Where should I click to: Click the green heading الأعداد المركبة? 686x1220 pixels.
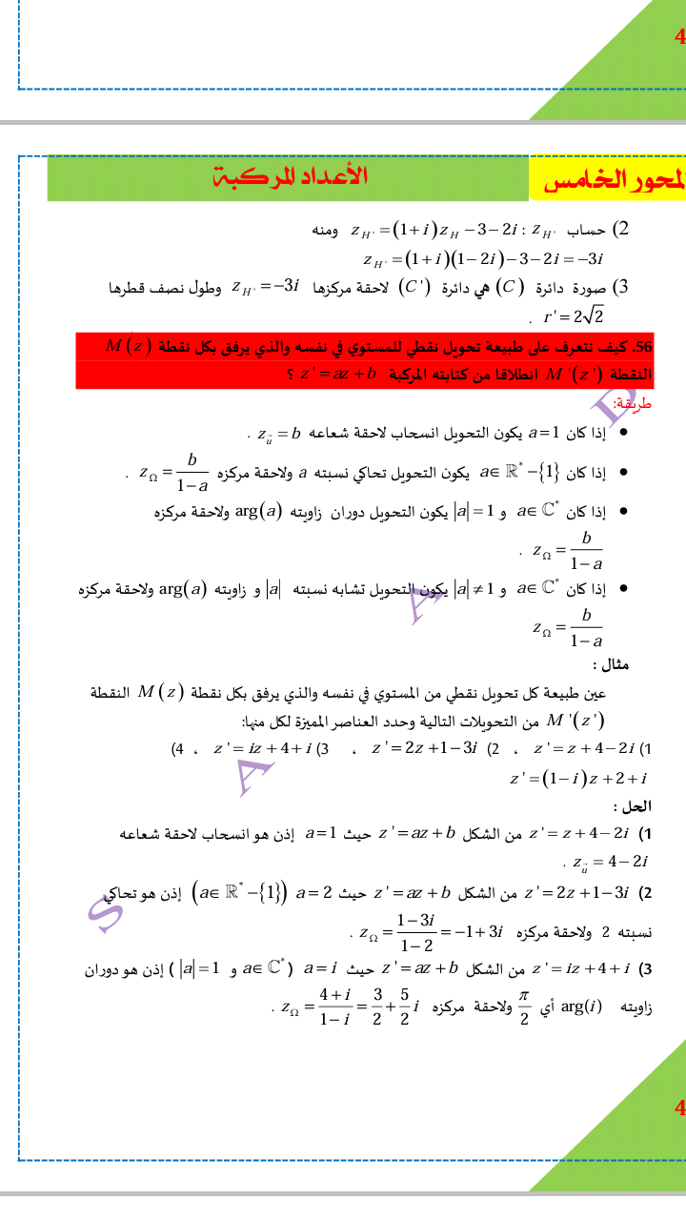pos(290,176)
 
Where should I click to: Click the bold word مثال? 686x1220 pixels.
pos(611,664)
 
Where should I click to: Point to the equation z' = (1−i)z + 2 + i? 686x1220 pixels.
pos(578,779)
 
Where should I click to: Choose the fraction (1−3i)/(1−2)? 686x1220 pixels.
pos(415,932)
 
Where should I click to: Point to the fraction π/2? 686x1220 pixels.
pos(522,1006)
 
